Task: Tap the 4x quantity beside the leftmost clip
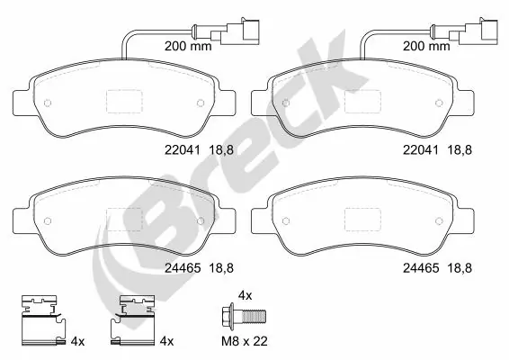77,341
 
